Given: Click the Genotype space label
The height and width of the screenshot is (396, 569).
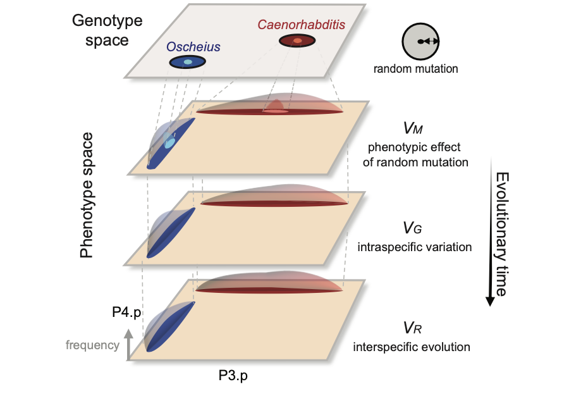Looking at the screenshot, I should pos(107,30).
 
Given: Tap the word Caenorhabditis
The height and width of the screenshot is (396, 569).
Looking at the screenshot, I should pos(293,26).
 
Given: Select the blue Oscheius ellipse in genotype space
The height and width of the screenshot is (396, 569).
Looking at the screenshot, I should pos(187,62).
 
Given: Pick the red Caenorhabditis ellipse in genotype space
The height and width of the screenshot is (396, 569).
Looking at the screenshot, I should pos(297,41).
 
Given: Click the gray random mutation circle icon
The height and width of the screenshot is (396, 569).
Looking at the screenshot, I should pos(420,42).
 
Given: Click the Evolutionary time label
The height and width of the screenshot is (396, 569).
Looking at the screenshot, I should pos(501,233).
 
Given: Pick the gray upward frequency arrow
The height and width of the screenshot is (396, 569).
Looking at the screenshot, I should pos(129,344).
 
